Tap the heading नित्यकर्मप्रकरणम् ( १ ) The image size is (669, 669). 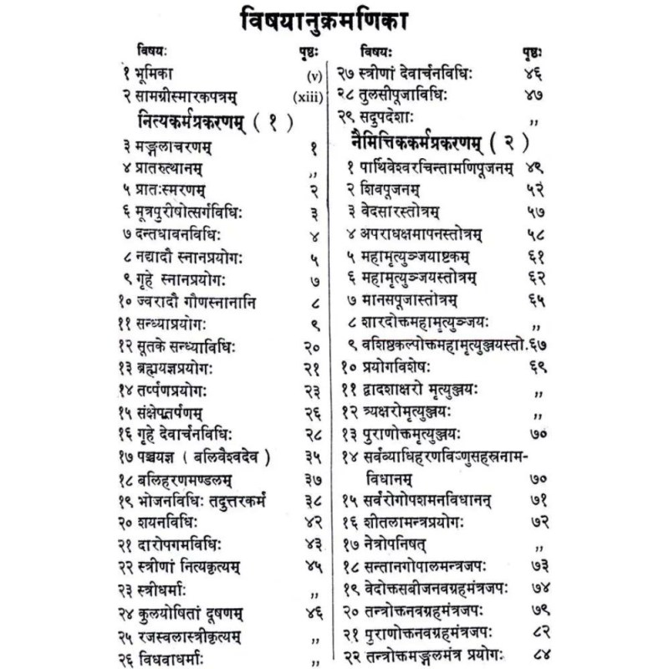(x=212, y=123)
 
